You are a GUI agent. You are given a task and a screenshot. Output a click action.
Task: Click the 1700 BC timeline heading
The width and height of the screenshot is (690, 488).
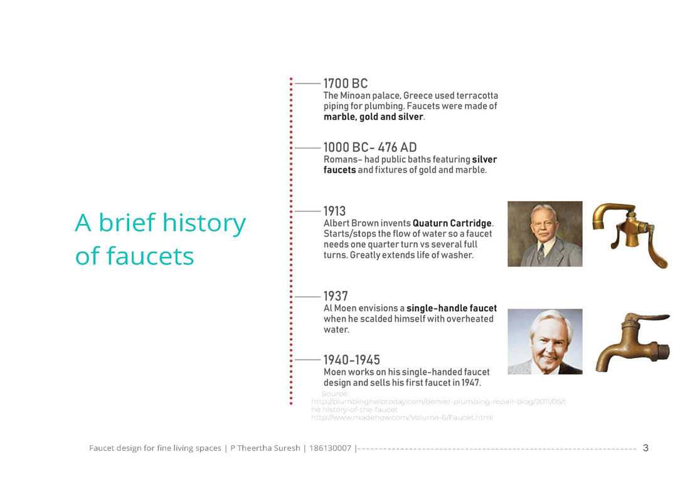pyautogui.click(x=346, y=83)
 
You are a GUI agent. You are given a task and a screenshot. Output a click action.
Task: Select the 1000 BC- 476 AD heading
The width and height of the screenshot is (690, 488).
pyautogui.click(x=370, y=147)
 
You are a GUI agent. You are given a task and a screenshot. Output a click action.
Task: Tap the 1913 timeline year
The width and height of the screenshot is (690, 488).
pyautogui.click(x=334, y=211)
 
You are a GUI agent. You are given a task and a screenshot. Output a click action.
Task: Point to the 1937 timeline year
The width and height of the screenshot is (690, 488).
pyautogui.click(x=336, y=295)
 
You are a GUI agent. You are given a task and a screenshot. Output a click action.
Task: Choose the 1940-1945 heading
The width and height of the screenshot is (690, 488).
pyautogui.click(x=352, y=359)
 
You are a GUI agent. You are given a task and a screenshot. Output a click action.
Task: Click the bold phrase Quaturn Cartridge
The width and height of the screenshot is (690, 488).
pyautogui.click(x=452, y=223)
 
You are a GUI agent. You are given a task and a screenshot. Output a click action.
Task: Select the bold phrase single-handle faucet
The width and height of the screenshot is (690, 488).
pyautogui.click(x=452, y=308)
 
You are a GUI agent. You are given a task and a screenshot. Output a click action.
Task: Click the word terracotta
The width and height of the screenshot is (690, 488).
pyautogui.click(x=477, y=95)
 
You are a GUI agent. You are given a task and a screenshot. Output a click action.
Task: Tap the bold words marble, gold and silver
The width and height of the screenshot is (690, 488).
pyautogui.click(x=374, y=117)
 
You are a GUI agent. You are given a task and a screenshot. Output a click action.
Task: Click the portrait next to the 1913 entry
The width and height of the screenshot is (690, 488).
pyautogui.click(x=544, y=234)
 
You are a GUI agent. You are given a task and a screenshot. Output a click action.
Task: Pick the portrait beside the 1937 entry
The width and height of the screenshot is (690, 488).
pyautogui.click(x=544, y=341)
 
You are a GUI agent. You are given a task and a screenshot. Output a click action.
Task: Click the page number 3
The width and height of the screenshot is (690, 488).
pyautogui.click(x=645, y=448)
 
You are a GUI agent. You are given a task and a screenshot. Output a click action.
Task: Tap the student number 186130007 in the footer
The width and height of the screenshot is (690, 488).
pyautogui.click(x=330, y=448)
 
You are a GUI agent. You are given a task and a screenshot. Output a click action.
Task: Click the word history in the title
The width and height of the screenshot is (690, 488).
pyautogui.click(x=204, y=222)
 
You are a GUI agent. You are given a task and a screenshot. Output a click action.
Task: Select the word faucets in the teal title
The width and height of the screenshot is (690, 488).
pyautogui.click(x=150, y=256)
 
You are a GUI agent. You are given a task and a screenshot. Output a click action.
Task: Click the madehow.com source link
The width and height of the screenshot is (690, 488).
pyautogui.click(x=401, y=417)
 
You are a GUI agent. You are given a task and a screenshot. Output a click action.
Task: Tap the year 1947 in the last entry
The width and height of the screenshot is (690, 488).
pyautogui.click(x=470, y=383)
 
